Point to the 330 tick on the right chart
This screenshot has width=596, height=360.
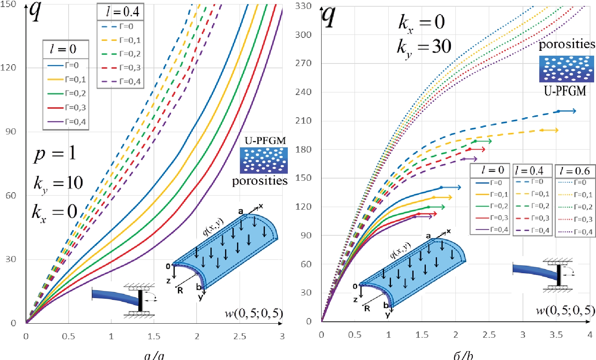pos(303,6)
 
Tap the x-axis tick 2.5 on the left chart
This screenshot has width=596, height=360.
pos(240,336)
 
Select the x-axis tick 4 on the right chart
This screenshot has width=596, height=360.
pos(590,335)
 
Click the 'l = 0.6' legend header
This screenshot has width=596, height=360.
pos(574,171)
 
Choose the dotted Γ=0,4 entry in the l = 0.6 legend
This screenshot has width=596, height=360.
pos(575,232)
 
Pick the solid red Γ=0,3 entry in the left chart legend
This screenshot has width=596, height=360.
pos(67,108)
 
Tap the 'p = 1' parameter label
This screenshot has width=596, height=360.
pos(55,153)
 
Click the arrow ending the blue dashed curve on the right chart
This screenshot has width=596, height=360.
pos(568,111)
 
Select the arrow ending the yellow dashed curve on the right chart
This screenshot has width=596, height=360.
pos(550,130)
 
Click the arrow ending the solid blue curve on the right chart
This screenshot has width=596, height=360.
pos(452,187)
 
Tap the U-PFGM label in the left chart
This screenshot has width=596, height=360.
pos(265,141)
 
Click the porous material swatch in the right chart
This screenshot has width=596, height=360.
pos(566,69)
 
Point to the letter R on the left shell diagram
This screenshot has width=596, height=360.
pos(180,290)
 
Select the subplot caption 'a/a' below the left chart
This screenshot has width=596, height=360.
pos(154,356)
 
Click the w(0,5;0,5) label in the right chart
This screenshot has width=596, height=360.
pos(565,311)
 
